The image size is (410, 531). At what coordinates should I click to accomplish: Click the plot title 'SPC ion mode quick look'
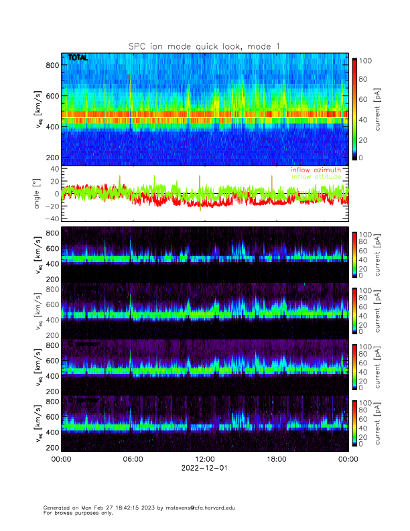click(205, 46)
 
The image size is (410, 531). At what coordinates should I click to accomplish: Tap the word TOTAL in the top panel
click(78, 58)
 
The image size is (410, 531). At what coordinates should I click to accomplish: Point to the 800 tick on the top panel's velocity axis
click(50, 65)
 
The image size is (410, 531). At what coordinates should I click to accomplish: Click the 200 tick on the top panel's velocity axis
click(50, 158)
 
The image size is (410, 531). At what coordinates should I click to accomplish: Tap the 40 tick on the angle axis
click(54, 169)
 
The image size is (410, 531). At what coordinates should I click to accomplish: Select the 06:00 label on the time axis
click(133, 459)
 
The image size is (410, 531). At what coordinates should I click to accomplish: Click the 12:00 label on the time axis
click(204, 459)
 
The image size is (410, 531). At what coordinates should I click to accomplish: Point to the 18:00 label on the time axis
click(276, 459)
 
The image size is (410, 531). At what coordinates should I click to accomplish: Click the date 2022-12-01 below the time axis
click(204, 468)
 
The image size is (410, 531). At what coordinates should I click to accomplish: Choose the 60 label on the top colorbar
click(366, 100)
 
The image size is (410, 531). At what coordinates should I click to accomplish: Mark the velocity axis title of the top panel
click(38, 109)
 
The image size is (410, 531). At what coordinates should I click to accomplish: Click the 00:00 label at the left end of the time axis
click(61, 459)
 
